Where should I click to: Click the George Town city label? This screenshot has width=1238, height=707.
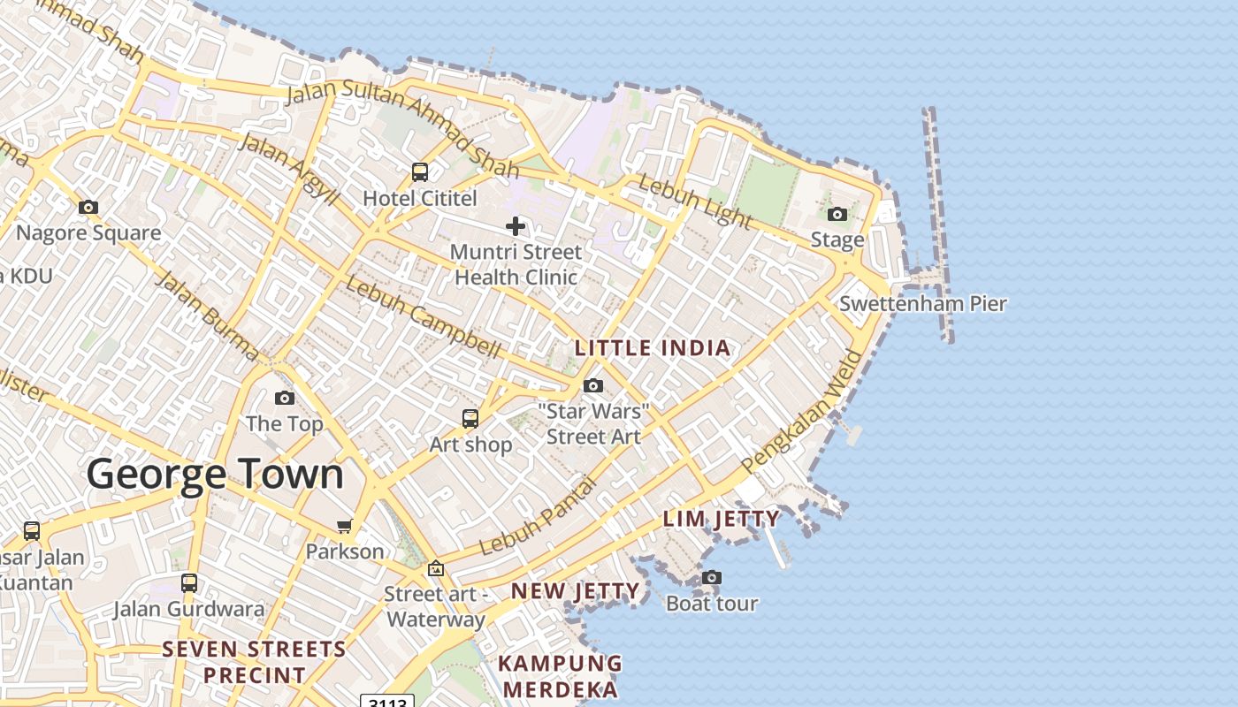215,475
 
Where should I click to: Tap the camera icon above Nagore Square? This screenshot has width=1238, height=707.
88,208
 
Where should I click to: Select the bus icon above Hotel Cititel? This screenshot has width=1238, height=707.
420,172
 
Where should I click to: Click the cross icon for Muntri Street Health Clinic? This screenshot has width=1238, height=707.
516,226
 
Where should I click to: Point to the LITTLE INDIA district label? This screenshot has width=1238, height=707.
653,348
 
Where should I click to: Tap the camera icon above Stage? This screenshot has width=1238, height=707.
837,214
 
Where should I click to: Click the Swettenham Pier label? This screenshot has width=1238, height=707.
922,304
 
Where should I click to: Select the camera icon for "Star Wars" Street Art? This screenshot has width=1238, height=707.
593,385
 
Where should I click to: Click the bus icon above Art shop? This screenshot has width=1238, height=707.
470,418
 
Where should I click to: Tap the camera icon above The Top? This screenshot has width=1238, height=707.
285,399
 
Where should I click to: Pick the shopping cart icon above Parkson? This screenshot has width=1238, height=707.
345,527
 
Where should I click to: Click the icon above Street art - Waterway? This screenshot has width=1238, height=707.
435,568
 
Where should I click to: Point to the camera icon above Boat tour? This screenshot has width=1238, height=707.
711,578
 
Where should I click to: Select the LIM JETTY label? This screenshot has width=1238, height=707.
722,519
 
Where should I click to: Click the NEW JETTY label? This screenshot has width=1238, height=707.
575,591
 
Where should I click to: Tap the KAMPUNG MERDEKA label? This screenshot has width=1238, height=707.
560,676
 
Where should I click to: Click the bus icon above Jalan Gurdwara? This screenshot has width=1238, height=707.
189,583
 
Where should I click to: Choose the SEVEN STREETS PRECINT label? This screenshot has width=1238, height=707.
254,662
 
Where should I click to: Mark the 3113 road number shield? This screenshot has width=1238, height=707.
387,702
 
